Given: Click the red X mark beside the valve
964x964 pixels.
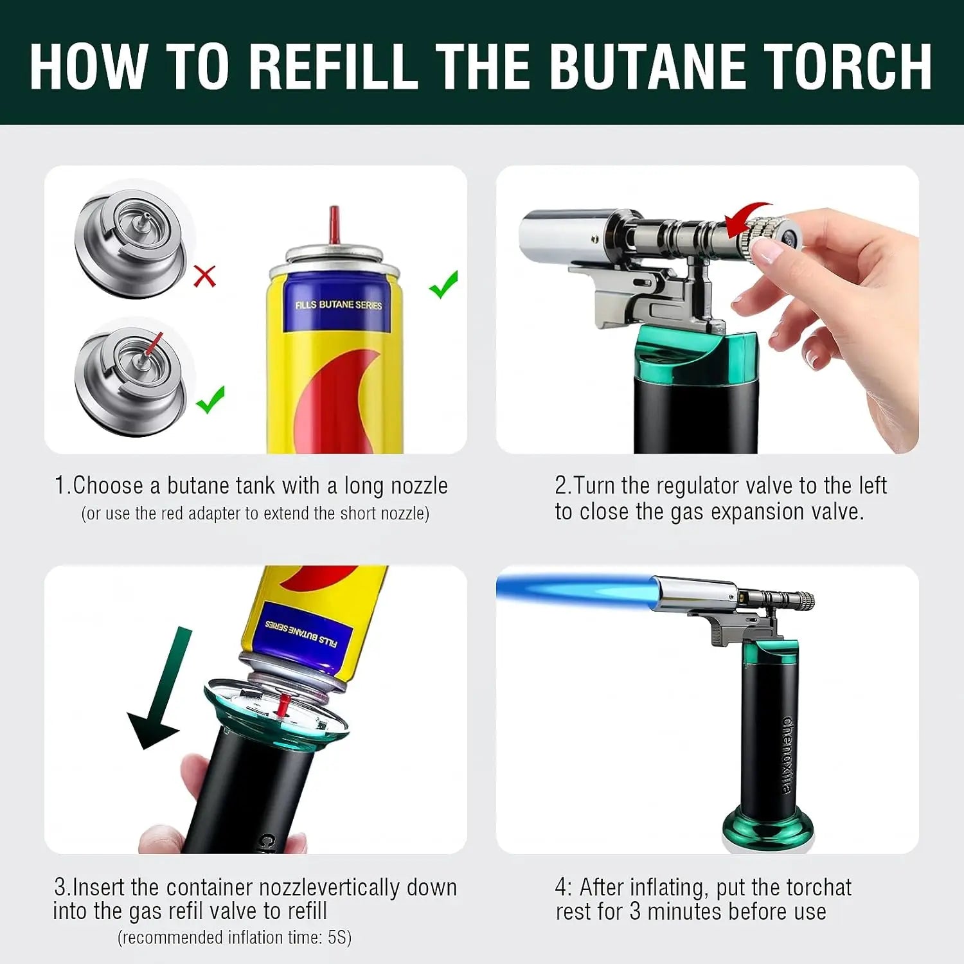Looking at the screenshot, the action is (x=204, y=276).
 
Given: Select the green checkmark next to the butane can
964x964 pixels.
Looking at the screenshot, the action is (x=443, y=284).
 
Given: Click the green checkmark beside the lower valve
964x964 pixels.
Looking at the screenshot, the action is (x=211, y=399).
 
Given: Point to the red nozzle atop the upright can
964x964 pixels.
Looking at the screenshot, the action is (x=334, y=225).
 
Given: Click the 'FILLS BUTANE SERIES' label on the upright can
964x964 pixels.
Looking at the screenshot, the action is (x=338, y=305).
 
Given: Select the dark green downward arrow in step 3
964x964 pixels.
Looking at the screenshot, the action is (x=161, y=688).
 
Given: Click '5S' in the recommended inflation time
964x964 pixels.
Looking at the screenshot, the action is (x=337, y=937).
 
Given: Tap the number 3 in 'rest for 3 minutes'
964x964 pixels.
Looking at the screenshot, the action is (x=635, y=911).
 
